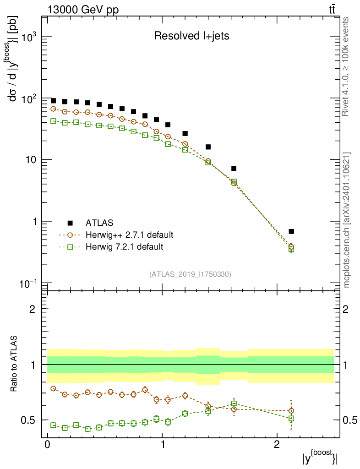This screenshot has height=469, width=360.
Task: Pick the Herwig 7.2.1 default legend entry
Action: tap(124, 247)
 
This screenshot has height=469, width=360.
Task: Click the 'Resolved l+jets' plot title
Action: tap(191, 36)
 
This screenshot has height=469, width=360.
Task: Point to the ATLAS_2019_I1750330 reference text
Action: tap(190, 274)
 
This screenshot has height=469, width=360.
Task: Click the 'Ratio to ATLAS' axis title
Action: tap(15, 364)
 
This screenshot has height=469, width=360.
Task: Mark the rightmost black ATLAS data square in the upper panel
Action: tap(291, 231)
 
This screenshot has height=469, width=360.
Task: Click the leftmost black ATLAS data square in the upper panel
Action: tap(53, 101)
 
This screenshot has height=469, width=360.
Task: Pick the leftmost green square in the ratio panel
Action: tap(53, 425)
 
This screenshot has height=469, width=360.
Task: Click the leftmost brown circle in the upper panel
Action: tap(53, 109)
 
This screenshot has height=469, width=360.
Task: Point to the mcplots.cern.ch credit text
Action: tap(346, 220)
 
